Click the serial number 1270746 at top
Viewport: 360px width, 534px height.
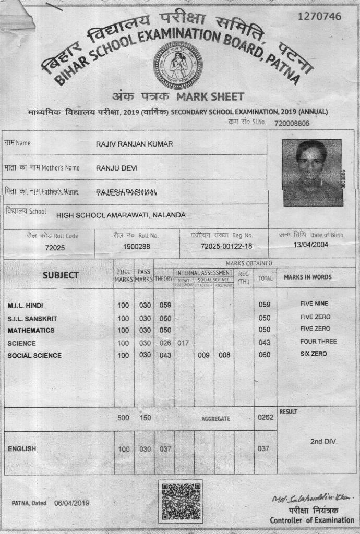tap(319, 16)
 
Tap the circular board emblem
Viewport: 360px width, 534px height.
tap(178, 65)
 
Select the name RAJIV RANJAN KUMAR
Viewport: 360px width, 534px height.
tap(134, 144)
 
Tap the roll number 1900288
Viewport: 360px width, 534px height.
tap(137, 246)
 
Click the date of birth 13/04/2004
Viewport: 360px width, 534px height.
tap(311, 245)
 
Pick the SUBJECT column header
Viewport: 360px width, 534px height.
tap(61, 275)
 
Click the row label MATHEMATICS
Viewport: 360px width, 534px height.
tap(31, 331)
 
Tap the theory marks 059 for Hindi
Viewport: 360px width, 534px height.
tap(165, 305)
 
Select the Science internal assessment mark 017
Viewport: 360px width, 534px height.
tap(183, 343)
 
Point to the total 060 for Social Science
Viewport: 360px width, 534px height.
tap(265, 356)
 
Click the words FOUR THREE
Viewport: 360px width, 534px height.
tap(318, 342)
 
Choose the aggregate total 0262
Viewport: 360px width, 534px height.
tap(265, 418)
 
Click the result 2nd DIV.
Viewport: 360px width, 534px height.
tap(323, 442)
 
